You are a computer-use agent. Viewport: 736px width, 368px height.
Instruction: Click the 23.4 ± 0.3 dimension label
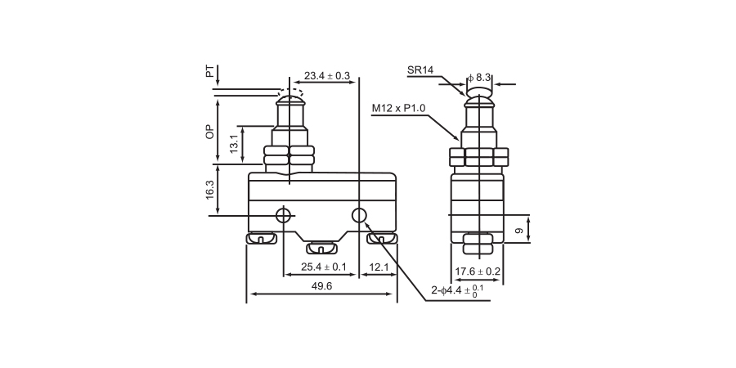327,76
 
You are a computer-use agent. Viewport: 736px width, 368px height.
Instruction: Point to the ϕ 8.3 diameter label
479,78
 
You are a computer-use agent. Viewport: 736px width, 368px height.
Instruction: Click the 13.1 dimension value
234,144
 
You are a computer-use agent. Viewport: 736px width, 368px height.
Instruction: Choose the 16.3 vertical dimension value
210,190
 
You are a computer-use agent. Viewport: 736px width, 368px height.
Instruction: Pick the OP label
210,131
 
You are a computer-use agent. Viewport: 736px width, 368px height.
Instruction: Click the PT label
210,73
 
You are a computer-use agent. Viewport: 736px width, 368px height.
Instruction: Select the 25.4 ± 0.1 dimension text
324,267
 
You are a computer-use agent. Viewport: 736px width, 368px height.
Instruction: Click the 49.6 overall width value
322,287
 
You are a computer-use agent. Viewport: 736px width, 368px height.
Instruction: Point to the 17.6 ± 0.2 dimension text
478,272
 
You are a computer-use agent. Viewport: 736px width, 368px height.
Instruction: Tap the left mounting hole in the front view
284,216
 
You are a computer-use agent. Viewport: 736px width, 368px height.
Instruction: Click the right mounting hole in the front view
360,215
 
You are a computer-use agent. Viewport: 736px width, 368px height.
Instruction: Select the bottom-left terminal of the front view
258,239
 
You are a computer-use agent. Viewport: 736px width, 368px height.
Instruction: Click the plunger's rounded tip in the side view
478,101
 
